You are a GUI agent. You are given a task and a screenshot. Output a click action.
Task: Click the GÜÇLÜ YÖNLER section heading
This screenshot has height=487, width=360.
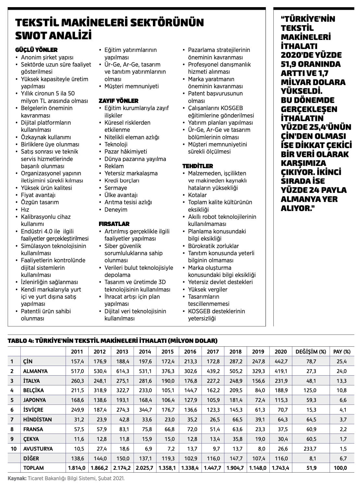click(x=36, y=50)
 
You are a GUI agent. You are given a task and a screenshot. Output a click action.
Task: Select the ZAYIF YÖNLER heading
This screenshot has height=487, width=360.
click(x=118, y=101)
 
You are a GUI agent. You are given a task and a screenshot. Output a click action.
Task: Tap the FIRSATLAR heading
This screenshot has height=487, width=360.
click(x=114, y=224)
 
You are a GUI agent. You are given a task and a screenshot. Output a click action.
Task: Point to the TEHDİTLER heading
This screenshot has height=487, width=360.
click(x=198, y=166)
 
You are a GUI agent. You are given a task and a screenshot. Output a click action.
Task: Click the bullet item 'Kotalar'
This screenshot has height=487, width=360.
click(x=197, y=195)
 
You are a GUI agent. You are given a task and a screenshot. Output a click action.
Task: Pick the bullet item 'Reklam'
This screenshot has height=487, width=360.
click(x=114, y=166)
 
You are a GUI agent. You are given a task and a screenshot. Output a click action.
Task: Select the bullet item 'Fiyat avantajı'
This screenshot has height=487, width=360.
click(x=38, y=195)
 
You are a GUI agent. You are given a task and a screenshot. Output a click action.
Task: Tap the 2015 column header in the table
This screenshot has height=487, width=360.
click(x=168, y=352)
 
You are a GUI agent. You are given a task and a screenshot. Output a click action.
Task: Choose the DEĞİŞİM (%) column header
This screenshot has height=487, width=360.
click(x=311, y=352)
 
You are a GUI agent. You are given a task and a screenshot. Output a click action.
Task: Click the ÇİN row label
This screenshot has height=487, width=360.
click(x=28, y=361)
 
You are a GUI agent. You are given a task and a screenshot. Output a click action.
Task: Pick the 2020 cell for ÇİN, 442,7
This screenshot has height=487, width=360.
click(x=281, y=361)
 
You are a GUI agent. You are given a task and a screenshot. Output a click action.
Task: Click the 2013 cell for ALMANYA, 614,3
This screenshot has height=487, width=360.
click(x=122, y=371)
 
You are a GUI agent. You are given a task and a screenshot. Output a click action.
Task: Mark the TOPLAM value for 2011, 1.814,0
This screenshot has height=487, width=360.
click(x=77, y=468)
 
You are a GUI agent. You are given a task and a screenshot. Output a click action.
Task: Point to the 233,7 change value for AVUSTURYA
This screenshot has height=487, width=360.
click(x=311, y=449)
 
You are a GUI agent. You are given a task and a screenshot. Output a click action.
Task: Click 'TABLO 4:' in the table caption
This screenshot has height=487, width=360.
click(x=20, y=341)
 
